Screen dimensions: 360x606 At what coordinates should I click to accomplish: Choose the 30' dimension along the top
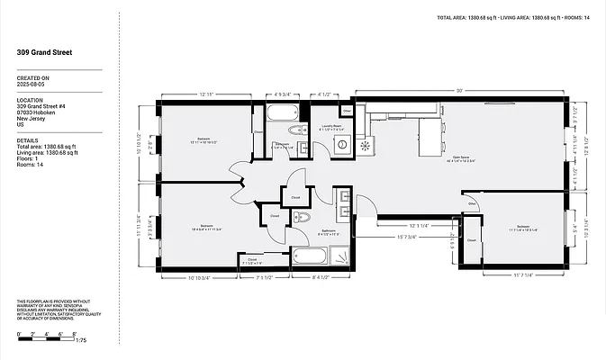pyautogui.click(x=459, y=91)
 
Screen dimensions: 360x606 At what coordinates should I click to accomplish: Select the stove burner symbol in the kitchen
pyautogui.click(x=365, y=146)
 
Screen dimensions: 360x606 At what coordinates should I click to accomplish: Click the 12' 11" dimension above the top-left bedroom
pyautogui.click(x=205, y=94)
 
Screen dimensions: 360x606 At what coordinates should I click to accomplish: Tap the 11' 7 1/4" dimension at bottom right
pyautogui.click(x=523, y=275)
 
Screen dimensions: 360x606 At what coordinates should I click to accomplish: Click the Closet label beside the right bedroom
pyautogui.click(x=472, y=240)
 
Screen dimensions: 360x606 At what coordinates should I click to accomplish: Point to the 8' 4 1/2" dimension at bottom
pyautogui.click(x=320, y=276)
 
